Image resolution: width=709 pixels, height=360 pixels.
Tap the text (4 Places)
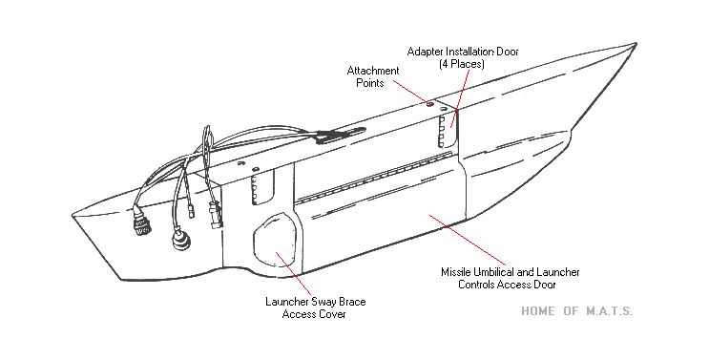pos(462,64)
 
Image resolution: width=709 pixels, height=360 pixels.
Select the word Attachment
pos(373,71)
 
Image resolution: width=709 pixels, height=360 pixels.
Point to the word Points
pos(370,83)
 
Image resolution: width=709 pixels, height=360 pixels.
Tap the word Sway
pos(323,302)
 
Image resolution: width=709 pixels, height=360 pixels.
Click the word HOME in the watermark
pos(537,311)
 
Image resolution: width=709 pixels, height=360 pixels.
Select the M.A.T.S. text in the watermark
pos(610,311)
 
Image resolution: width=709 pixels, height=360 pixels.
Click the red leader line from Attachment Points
pos(410,93)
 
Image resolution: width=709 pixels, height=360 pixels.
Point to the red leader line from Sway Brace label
pos(294,274)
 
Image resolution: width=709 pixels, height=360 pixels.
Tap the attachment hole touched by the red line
pos(430,104)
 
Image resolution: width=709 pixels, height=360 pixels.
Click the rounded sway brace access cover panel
pos(275,238)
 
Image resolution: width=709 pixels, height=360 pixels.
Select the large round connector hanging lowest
pos(181,241)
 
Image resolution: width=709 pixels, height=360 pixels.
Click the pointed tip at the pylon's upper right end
pos(636,44)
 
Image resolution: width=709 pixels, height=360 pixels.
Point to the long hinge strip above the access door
pos(373,177)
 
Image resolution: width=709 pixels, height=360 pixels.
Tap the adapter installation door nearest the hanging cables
pos(261,187)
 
